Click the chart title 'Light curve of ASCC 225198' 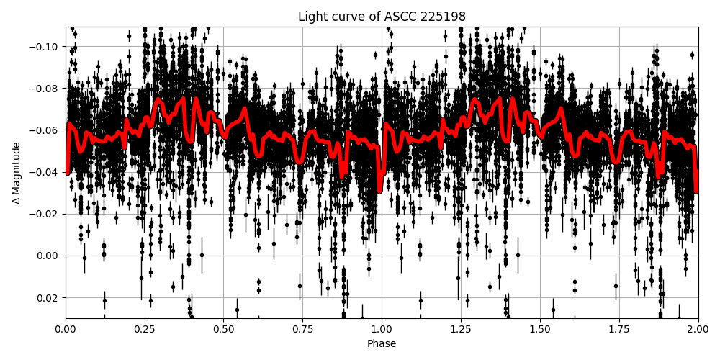tap(382, 17)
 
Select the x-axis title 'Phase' tap(382, 344)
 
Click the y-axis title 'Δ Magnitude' tap(17, 173)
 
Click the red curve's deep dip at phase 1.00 tap(380, 189)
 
